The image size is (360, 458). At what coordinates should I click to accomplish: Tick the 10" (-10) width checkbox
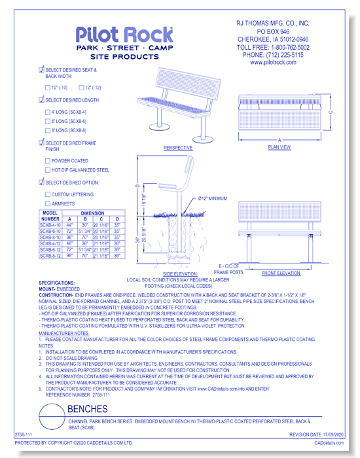tap(47, 87)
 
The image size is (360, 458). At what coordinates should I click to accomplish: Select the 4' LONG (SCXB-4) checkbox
tap(47, 112)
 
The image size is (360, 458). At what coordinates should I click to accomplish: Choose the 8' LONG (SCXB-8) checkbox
tap(47, 130)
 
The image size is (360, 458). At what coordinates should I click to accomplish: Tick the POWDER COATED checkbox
tap(47, 160)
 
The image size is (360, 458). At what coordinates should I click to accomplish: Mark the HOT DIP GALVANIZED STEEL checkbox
tap(47, 169)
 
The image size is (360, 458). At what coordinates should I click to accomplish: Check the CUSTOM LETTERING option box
tap(47, 194)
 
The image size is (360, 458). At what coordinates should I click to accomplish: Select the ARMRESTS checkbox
tap(47, 203)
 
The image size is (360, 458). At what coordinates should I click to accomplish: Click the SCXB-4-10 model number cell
tap(50, 225)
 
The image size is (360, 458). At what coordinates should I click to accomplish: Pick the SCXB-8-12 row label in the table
tap(50, 255)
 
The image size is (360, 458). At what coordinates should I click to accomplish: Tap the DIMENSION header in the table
tap(92, 213)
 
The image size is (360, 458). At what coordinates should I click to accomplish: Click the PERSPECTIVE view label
tap(178, 148)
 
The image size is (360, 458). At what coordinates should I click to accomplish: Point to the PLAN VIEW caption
tap(279, 148)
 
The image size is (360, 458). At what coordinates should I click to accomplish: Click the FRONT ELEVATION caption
tap(281, 272)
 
